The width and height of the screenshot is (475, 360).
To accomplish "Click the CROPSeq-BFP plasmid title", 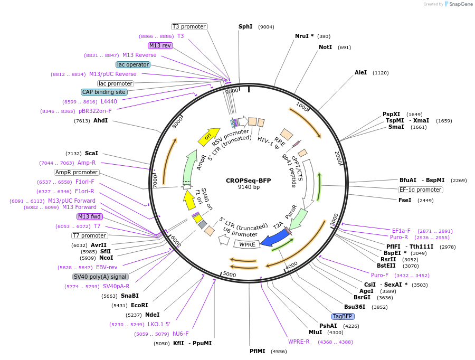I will coord(248,180).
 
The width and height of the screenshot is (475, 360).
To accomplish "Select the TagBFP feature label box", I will coord(343,316).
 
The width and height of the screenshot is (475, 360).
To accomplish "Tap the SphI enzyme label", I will coord(245,26).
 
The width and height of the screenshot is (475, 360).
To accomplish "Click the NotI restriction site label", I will coord(326,47).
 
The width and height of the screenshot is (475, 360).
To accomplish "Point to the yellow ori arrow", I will coord(209,136).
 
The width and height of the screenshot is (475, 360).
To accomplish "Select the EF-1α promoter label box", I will coord(420,190).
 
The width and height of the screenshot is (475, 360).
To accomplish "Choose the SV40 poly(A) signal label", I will coord(100,277).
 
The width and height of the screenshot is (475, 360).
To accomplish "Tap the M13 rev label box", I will coord(160,45).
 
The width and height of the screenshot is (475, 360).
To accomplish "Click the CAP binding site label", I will coord(104,92).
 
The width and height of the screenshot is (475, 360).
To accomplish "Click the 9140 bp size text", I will coord(249,187).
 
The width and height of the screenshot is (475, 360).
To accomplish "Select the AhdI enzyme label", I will coord(100,121).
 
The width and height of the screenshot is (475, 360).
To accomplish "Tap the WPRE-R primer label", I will coord(299,342).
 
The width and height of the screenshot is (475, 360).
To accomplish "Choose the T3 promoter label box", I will coord(189,26).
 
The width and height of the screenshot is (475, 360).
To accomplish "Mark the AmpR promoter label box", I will coord(76,172).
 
